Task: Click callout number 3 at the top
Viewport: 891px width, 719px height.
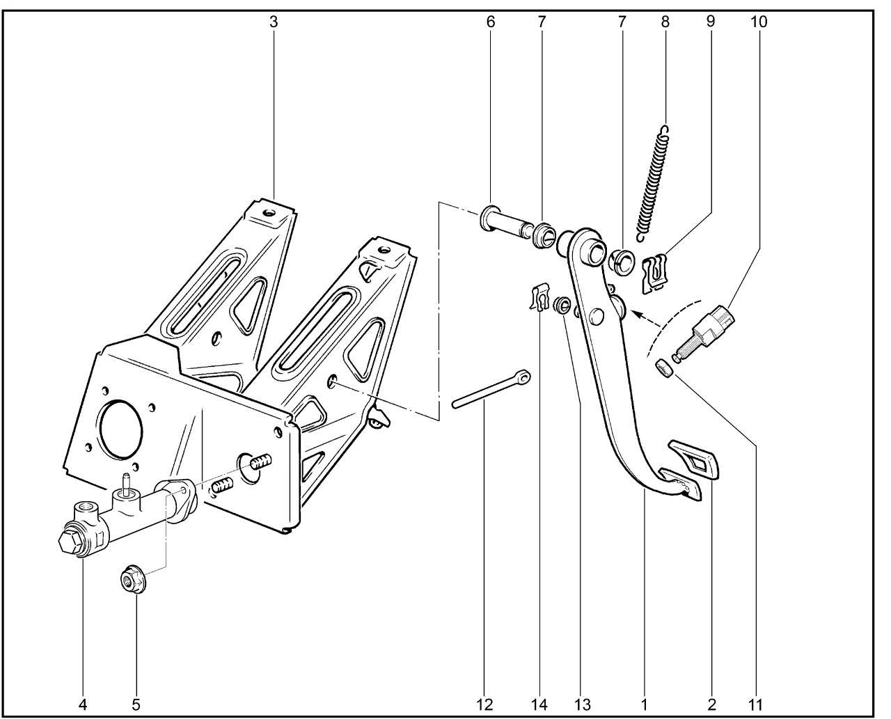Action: point(274,22)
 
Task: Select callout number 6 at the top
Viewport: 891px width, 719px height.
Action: point(491,22)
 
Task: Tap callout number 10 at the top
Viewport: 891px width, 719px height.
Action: point(759,22)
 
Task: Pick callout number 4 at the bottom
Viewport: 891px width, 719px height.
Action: point(83,704)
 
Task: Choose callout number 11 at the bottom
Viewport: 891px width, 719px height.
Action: point(755,704)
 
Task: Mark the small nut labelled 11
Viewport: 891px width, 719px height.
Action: point(665,367)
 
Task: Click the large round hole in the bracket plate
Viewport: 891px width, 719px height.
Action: point(123,428)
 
